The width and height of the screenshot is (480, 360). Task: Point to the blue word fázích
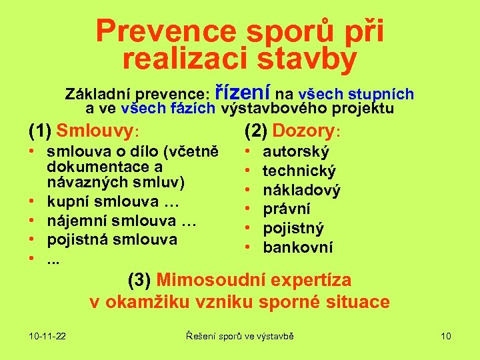point(187,108)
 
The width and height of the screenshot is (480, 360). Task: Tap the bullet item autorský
point(296,152)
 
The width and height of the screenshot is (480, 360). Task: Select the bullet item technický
point(299,171)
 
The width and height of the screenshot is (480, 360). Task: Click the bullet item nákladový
point(301,191)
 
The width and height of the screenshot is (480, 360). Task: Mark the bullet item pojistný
point(293,229)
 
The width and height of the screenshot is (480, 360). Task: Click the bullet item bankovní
point(297,248)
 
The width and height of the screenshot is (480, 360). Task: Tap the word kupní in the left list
point(69,201)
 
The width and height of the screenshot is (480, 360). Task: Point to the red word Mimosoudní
point(214,279)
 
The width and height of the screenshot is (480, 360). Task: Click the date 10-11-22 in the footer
point(47,336)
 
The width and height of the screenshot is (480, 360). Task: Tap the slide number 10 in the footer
point(446,336)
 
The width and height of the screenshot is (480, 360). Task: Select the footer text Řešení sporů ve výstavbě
point(239,336)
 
